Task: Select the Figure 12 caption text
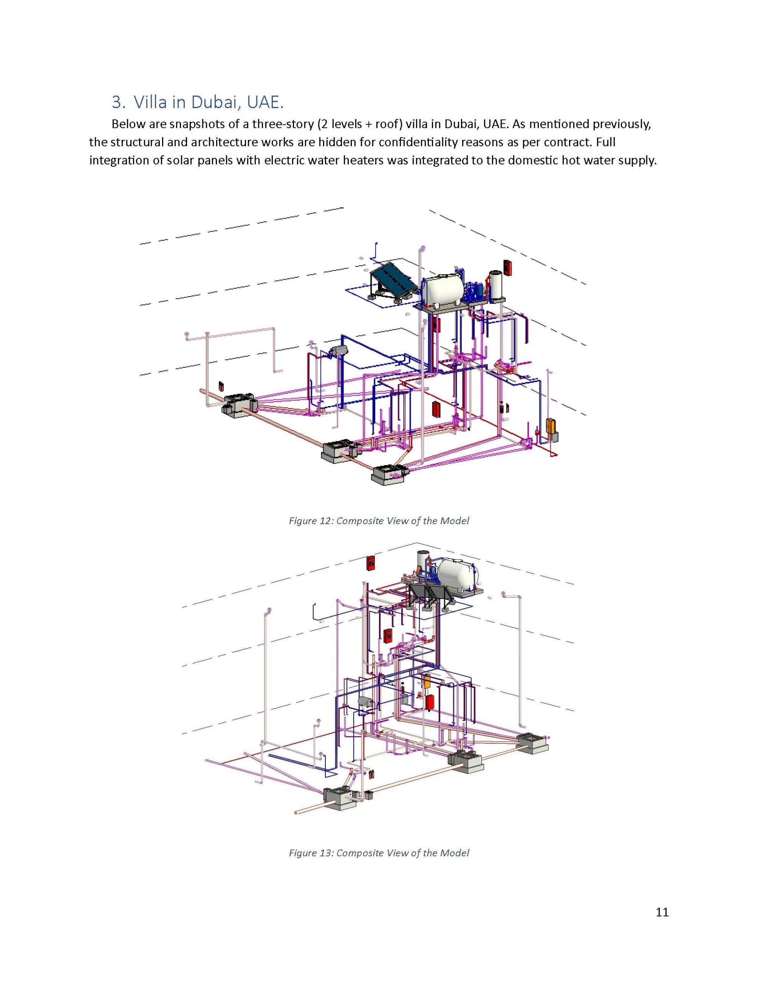[x=378, y=521]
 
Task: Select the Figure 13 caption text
[x=378, y=853]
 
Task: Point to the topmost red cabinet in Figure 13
[x=371, y=563]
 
